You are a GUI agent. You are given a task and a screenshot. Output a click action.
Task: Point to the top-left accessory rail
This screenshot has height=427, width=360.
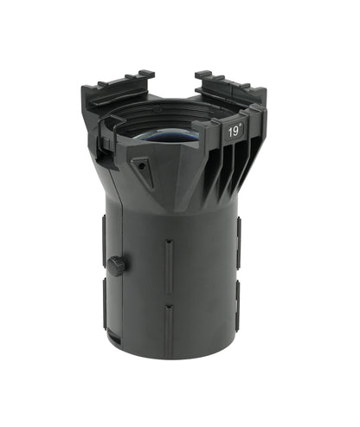click(x=118, y=87)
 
